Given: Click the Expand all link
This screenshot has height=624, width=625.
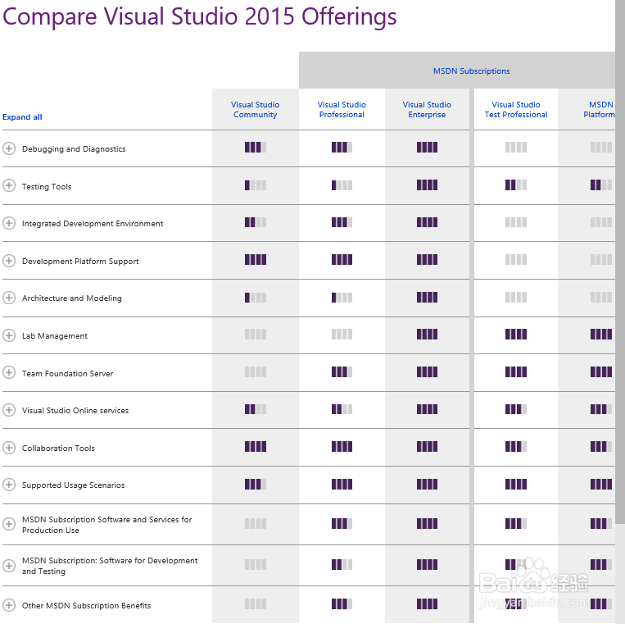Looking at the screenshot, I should [22, 117].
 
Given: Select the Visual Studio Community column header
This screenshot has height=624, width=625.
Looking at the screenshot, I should [256, 110].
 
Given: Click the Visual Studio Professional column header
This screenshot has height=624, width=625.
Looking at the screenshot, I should [342, 110].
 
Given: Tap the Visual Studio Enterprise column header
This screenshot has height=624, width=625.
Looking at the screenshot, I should [427, 110].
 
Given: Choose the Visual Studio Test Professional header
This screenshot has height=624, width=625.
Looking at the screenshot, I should [516, 110].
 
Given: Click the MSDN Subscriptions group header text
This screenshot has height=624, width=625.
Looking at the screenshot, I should [471, 71].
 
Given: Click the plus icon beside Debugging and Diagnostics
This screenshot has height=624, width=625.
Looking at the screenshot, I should [9, 148].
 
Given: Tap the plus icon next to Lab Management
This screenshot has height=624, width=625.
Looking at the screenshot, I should [9, 335].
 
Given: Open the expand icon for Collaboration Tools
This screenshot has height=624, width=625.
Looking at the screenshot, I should [9, 448].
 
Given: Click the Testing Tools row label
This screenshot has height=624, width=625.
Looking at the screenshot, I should [47, 187].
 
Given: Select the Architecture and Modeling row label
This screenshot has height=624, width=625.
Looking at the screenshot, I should [72, 298].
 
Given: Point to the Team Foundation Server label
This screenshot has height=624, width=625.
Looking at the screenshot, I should [68, 374].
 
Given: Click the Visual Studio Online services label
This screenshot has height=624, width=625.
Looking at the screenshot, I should [75, 411].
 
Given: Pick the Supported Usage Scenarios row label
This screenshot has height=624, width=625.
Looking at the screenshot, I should [74, 485].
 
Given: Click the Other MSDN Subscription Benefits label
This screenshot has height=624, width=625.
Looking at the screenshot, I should [87, 606].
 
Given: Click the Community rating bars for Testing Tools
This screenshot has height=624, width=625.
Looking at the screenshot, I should [256, 185].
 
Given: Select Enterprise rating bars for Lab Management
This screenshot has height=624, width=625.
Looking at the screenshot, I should [427, 335].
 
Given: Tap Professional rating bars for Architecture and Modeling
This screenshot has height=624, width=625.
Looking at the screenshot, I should [342, 298].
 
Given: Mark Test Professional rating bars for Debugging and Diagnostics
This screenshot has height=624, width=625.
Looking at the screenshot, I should [516, 148].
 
